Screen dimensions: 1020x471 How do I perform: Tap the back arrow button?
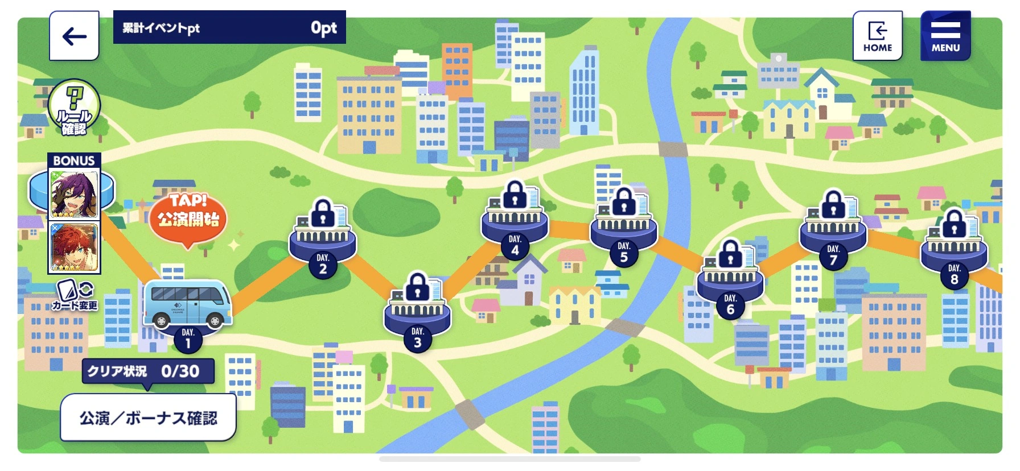click(74, 36)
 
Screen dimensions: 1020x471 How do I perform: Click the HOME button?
click(877, 36)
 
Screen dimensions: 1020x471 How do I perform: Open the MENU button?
click(945, 36)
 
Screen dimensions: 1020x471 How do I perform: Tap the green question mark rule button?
click(74, 107)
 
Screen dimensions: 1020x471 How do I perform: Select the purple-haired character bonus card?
click(75, 194)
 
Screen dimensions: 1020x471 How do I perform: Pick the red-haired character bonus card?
click(75, 248)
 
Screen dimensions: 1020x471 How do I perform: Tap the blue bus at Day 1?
click(187, 304)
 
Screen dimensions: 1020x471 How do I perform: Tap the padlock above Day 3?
click(418, 285)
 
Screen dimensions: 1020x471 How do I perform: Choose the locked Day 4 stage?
click(515, 219)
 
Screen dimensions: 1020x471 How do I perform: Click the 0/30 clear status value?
click(180, 371)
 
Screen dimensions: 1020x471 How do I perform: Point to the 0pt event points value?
click(323, 27)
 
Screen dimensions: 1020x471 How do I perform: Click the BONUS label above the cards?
click(74, 160)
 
